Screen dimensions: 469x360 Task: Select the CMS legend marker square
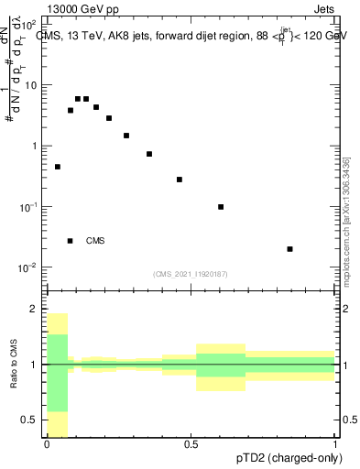pyautogui.click(x=71, y=241)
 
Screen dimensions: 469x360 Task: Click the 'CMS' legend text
pyautogui.click(x=95, y=241)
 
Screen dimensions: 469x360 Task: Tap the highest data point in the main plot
pyautogui.click(x=79, y=99)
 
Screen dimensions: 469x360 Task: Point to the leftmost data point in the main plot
pyautogui.click(x=58, y=167)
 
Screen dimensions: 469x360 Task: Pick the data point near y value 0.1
pyautogui.click(x=221, y=207)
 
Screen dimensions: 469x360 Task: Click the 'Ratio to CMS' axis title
pyautogui.click(x=15, y=365)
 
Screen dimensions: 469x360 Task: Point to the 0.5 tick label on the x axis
pyautogui.click(x=191, y=444)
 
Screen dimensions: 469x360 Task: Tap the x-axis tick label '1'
pyautogui.click(x=336, y=444)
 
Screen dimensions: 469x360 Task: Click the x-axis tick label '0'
pyautogui.click(x=47, y=444)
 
